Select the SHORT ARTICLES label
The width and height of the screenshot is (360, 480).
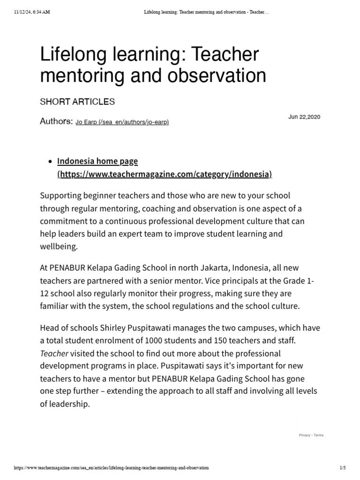tap(77, 102)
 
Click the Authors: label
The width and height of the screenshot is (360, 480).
tap(56, 121)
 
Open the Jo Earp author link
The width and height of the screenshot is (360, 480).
tap(122, 122)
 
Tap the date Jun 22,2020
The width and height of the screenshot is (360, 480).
tap(304, 117)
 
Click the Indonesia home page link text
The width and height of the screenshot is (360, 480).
tap(97, 161)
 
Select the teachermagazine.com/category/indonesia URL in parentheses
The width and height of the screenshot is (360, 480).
tap(165, 174)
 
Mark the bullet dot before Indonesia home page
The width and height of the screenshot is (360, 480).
tap(50, 162)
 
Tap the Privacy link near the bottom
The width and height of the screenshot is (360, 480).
tap(305, 435)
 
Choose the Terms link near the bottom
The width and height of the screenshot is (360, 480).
tap(319, 435)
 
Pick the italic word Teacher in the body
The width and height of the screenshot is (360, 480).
tap(54, 352)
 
